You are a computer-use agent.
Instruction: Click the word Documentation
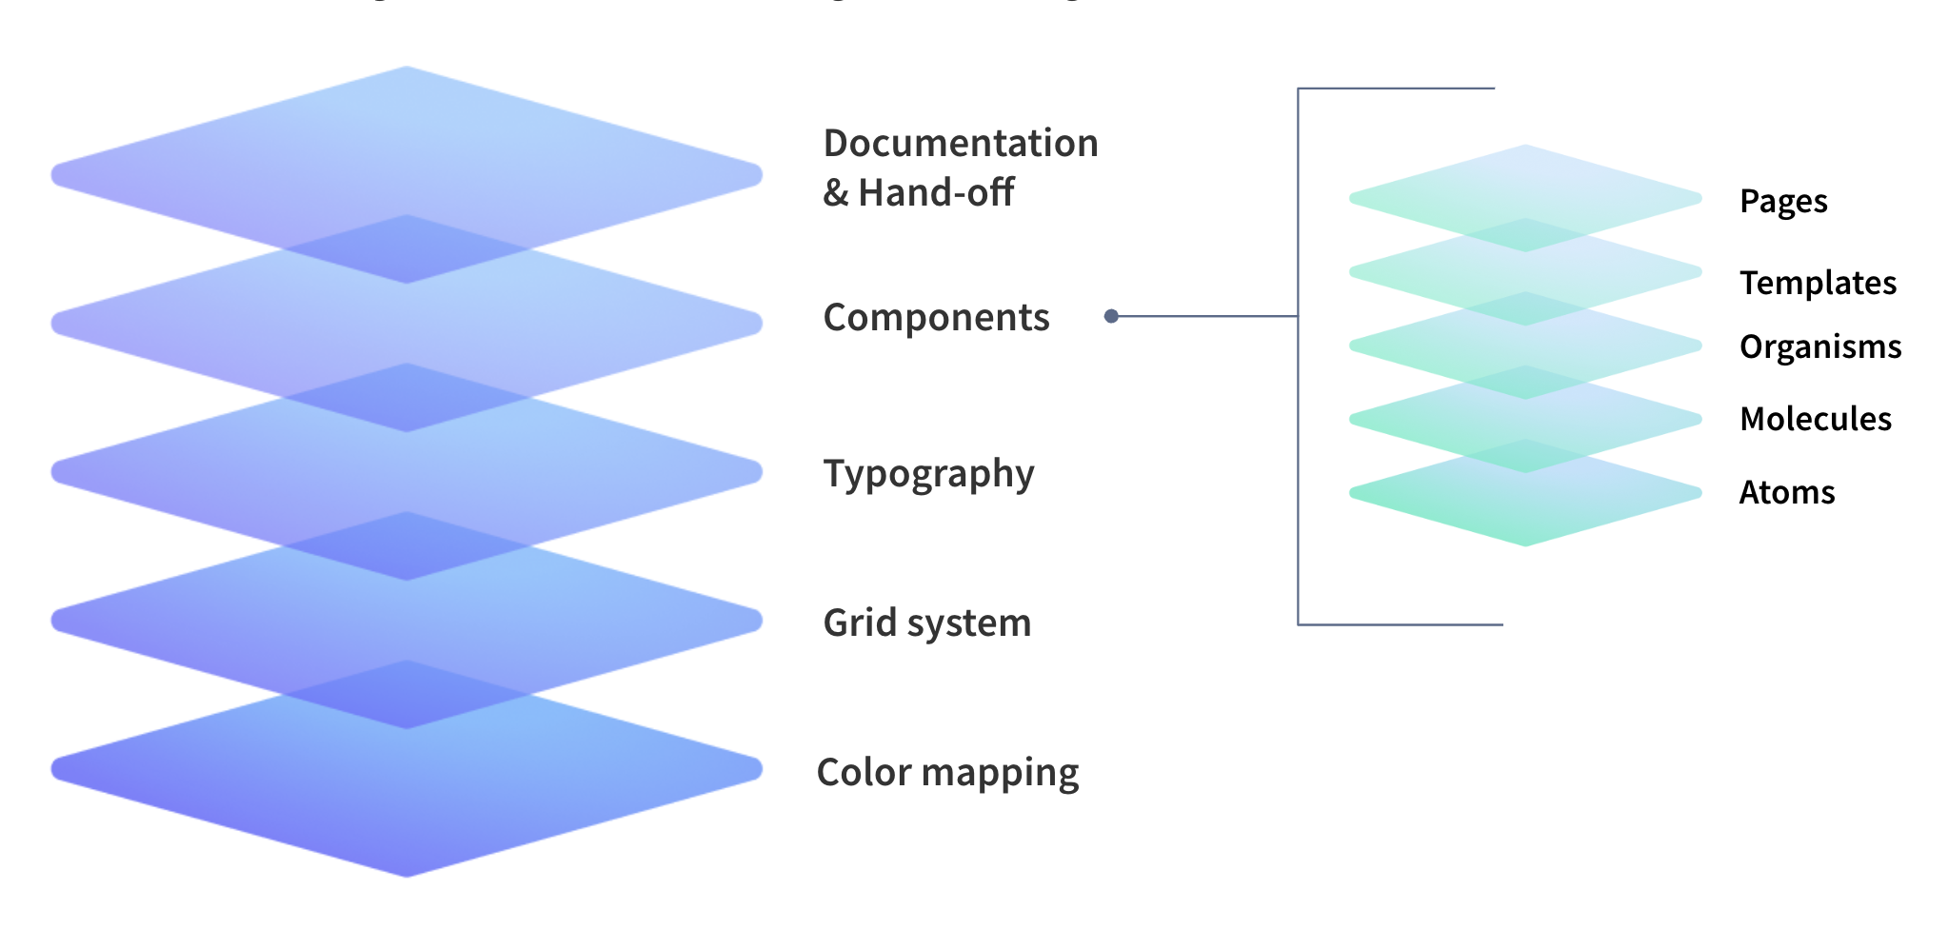960,144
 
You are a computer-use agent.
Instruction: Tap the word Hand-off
936,193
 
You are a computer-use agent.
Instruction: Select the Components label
936,318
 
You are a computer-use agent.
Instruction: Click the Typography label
928,474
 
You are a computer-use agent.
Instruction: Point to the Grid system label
926,623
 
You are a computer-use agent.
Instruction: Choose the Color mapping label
947,772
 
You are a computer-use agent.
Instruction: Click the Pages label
1783,202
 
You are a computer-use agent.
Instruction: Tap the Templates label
1818,283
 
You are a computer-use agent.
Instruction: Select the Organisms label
1819,346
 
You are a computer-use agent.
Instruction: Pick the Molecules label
1815,419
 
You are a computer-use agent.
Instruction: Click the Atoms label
1786,492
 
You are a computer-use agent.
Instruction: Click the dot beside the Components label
1111,316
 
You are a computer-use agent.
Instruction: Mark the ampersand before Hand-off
835,193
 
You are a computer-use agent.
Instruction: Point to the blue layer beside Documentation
407,143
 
